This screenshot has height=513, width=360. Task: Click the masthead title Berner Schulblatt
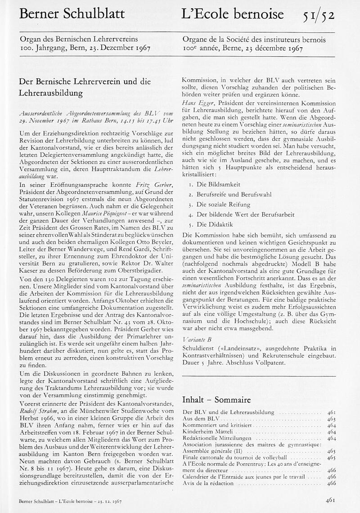coord(72,15)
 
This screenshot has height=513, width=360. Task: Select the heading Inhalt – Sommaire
coord(216,400)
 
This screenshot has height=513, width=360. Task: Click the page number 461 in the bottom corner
coord(332,499)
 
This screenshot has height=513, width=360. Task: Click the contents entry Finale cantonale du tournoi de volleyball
coord(229,457)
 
